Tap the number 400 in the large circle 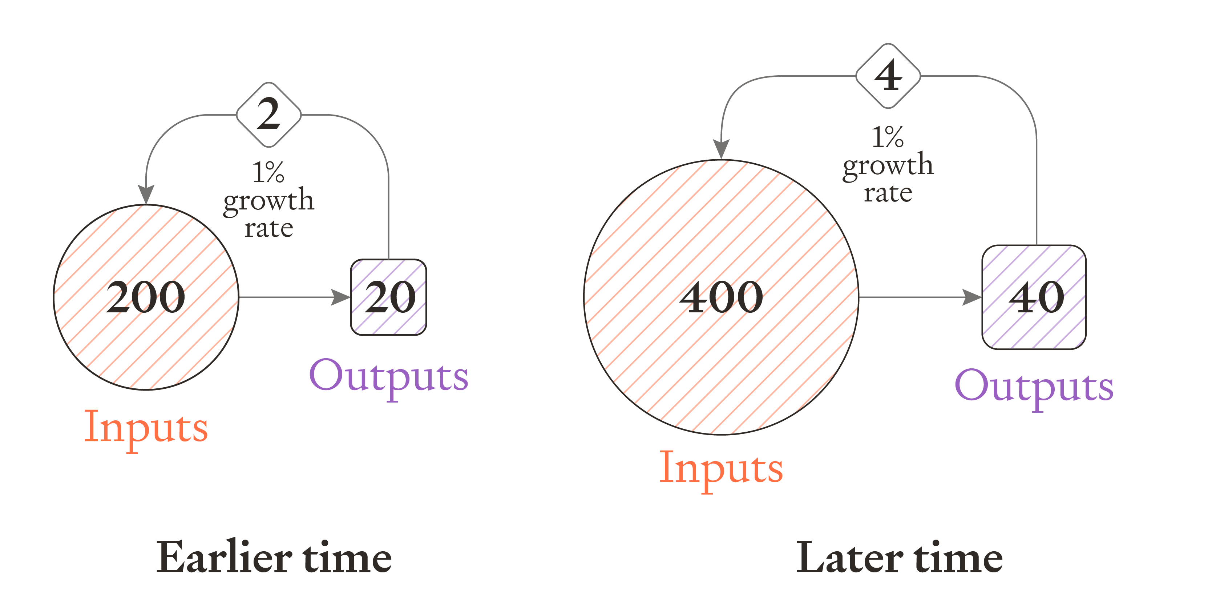[721, 297]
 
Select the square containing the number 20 [388, 297]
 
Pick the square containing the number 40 [1034, 297]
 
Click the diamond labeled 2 [268, 114]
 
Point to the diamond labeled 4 [888, 76]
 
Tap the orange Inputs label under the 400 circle [721, 468]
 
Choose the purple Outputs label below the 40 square [1034, 387]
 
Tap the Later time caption [899, 557]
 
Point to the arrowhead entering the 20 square [341, 297]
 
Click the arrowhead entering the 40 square [972, 297]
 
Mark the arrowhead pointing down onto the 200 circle [146, 194]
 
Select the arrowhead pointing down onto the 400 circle [721, 149]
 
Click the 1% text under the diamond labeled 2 [268, 172]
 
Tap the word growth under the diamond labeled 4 [888, 165]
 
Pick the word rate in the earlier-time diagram [268, 228]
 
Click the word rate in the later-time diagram [888, 193]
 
